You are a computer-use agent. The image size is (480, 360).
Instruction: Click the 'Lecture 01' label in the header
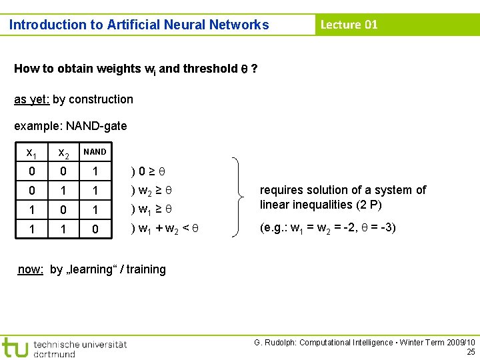point(349,25)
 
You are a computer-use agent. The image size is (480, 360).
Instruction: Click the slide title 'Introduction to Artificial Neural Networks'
point(139,25)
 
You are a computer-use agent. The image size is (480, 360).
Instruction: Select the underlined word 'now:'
point(31,269)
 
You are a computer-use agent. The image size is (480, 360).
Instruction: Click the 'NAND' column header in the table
point(95,152)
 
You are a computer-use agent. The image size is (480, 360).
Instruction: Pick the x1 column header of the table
point(31,153)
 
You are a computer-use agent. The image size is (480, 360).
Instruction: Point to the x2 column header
point(63,153)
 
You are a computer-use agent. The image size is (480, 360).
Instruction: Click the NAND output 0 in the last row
point(95,229)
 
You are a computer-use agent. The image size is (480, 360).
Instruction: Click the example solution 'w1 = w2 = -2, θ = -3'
point(331,227)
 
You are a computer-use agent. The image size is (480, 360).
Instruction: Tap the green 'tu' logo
point(14,347)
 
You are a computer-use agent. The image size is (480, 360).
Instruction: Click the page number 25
point(471,351)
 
